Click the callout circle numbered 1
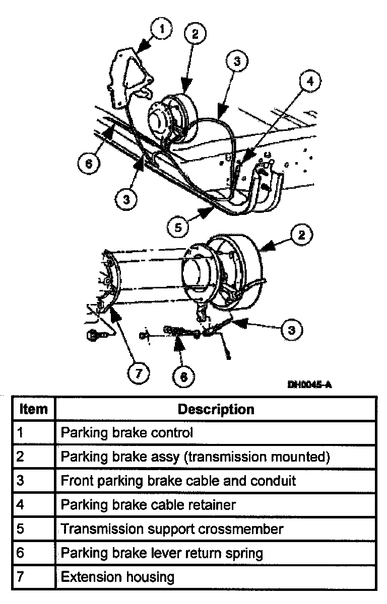tap(162, 30)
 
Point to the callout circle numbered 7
tap(139, 373)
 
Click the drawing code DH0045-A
tap(309, 385)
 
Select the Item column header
tap(33, 409)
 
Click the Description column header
tap(216, 409)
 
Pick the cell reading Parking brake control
tap(126, 432)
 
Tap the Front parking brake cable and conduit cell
tap(178, 481)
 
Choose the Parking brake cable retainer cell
tap(148, 505)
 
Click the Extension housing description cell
tap(117, 577)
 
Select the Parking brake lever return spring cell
tap(162, 553)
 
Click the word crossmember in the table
tap(240, 529)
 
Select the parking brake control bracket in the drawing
tap(129, 75)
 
